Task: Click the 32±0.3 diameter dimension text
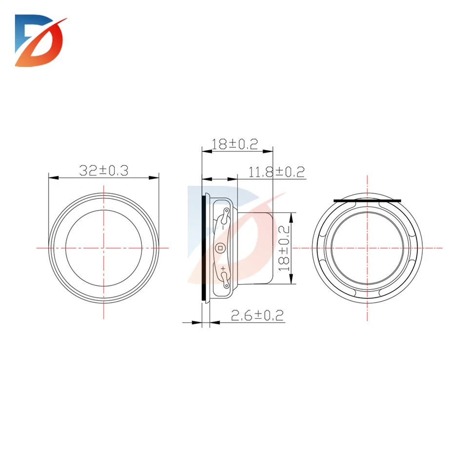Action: point(103,171)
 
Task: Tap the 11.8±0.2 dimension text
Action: point(276,172)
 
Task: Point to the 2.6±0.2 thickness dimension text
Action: point(257,315)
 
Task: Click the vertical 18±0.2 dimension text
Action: point(284,248)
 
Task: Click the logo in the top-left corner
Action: point(40,40)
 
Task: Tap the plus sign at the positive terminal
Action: point(223,269)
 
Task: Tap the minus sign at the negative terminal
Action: point(223,228)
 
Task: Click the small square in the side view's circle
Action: point(220,248)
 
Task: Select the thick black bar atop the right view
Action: point(368,201)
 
